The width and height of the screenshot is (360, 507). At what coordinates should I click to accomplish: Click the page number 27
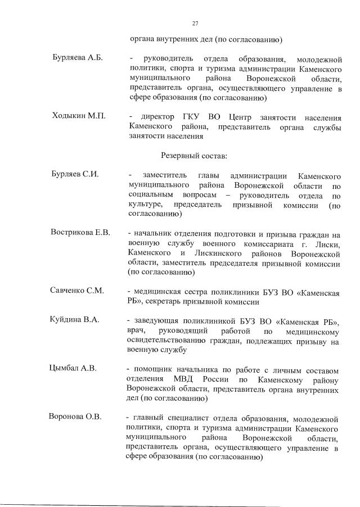tap(195, 23)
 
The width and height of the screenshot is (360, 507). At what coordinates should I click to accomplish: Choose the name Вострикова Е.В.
tap(80, 232)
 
